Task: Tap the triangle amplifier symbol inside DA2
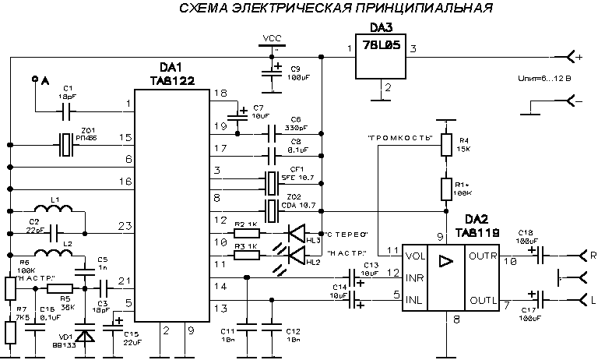pos(445,263)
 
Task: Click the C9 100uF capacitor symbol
pos(272,74)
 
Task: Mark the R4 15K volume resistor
pos(446,145)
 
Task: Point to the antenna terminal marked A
pos(34,79)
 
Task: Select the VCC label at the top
pos(273,37)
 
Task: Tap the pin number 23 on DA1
pos(122,227)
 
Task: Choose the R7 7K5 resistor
pos(11,331)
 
